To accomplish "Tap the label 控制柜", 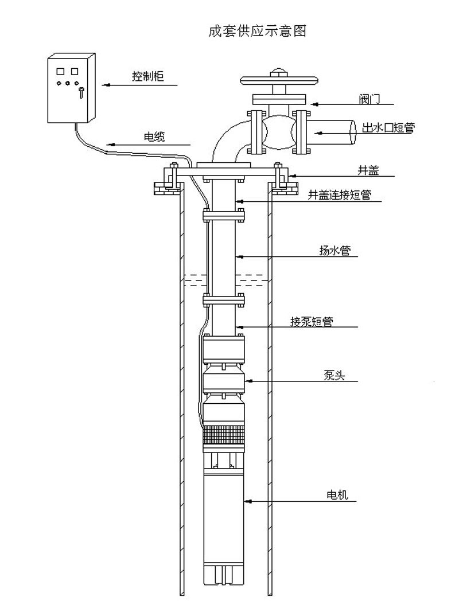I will [147, 76].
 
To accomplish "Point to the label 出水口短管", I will [387, 128].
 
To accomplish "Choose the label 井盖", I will [367, 170].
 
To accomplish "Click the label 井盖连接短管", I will [340, 195].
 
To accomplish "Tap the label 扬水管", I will [334, 251].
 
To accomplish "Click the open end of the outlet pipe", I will [351, 132].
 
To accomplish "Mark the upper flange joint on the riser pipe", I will [224, 217].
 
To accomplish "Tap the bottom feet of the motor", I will [224, 574].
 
